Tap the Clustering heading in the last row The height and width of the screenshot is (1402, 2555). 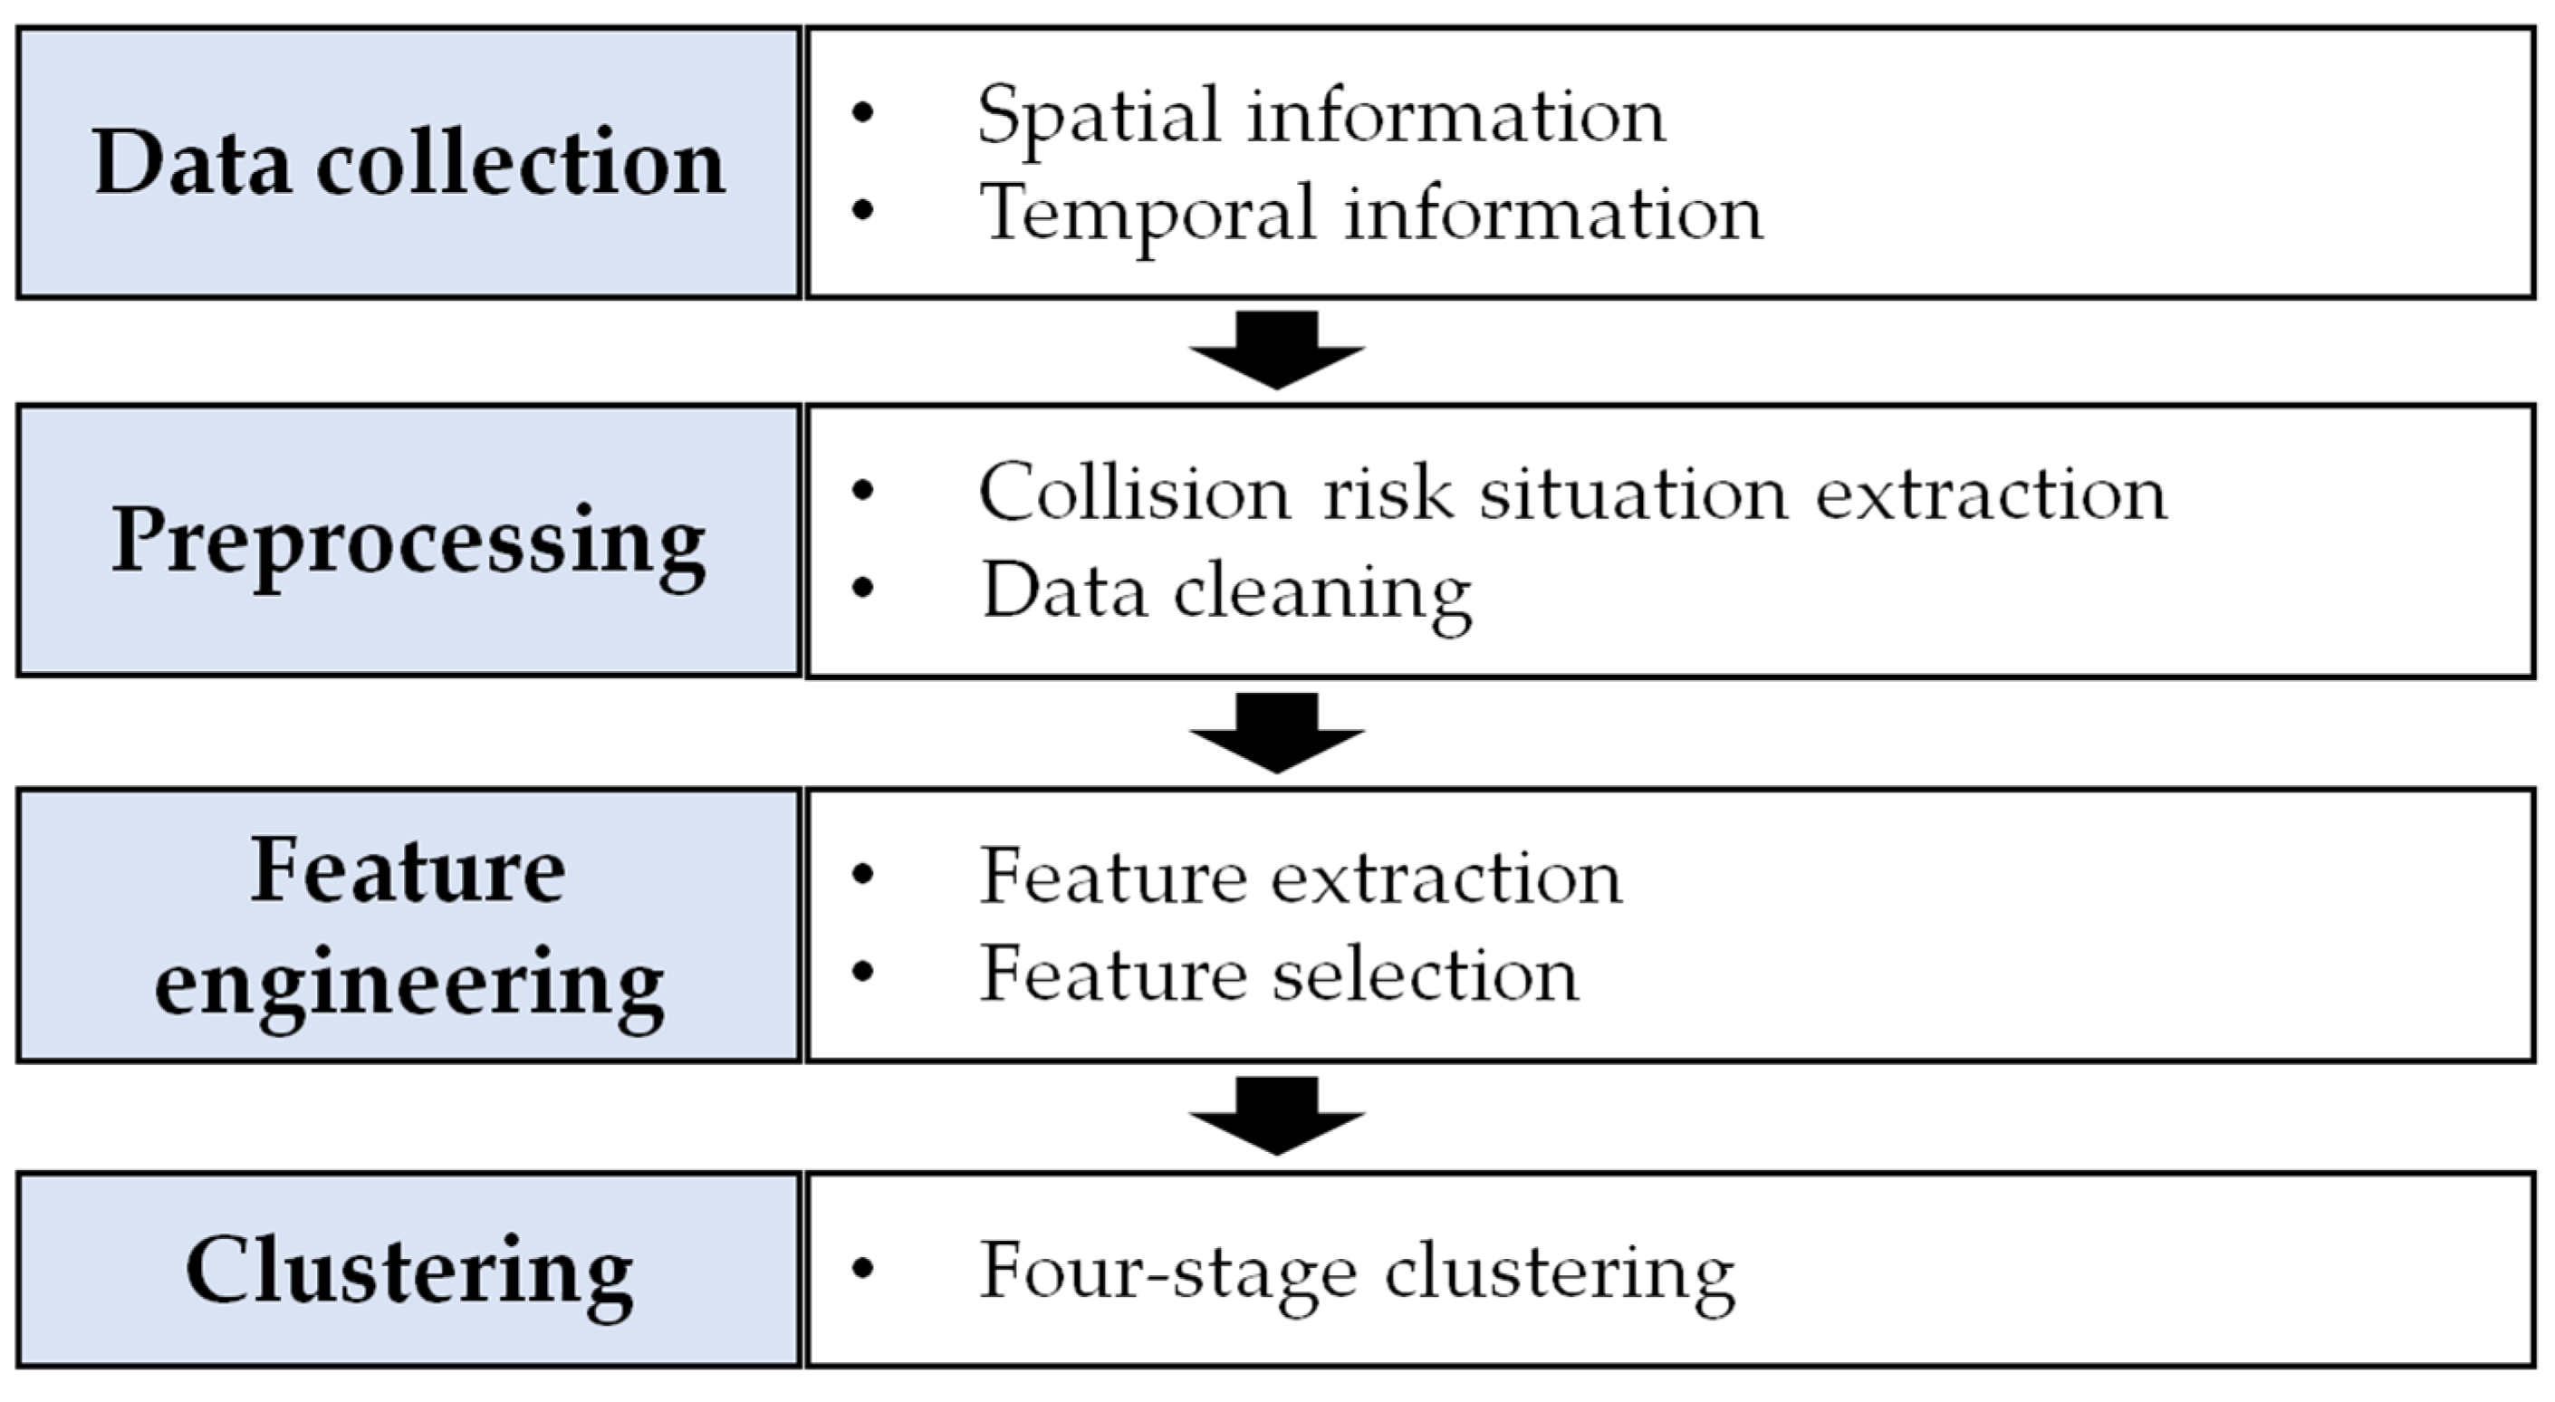coord(408,1273)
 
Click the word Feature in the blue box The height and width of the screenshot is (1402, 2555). coord(408,870)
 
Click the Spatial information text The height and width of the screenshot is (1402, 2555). coord(1321,116)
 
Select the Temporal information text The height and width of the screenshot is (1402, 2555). coord(1370,212)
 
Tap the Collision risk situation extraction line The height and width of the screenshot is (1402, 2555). coord(1572,493)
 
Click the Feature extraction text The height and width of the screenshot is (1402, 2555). coord(1301,878)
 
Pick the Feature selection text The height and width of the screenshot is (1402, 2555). coord(1279,975)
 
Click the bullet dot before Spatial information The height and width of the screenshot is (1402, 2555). coord(863,112)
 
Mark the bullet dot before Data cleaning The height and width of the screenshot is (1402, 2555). coord(863,587)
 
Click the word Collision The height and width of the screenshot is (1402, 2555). coord(1134,493)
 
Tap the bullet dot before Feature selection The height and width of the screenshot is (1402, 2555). coord(863,972)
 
